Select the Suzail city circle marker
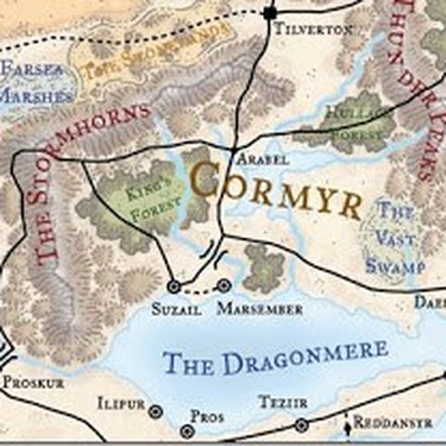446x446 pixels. [x=173, y=286]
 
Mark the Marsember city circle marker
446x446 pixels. [x=224, y=285]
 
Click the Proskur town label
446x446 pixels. [x=34, y=382]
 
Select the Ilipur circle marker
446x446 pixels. [x=155, y=411]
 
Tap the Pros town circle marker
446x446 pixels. [x=188, y=431]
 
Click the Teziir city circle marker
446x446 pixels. [x=301, y=425]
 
